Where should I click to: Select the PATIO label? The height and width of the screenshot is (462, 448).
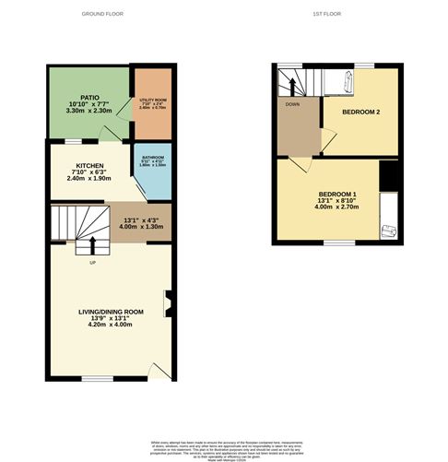tap(89, 96)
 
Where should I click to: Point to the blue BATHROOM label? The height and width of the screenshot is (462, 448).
tap(152, 159)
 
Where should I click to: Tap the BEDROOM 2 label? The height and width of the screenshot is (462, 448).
tap(361, 113)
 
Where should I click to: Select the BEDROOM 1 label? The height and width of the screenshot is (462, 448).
tap(337, 194)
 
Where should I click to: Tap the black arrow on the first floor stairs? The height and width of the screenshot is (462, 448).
tap(293, 86)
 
